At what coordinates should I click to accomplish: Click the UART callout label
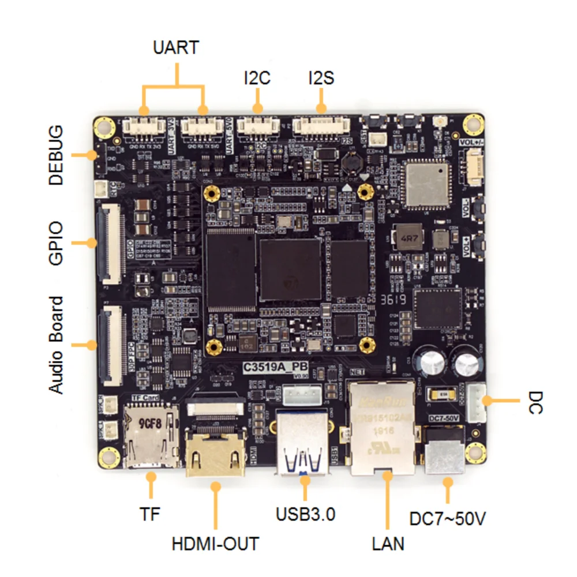(176, 47)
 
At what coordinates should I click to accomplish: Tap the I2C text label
(257, 78)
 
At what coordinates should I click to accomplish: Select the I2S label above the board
(321, 78)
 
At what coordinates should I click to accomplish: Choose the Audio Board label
(56, 345)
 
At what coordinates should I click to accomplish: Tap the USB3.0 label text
(305, 514)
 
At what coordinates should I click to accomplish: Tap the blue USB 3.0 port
(304, 442)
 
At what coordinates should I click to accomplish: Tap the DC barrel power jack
(445, 450)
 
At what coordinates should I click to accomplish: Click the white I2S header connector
(322, 126)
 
